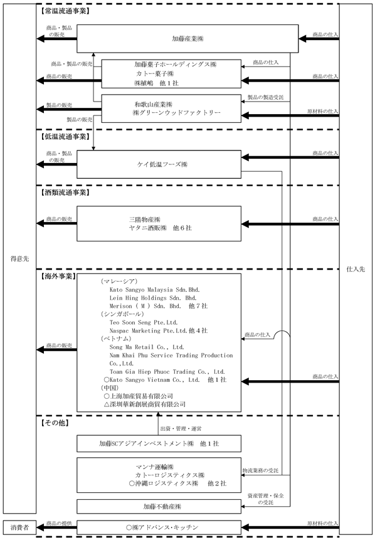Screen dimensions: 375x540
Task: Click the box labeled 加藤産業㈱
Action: [x=187, y=39]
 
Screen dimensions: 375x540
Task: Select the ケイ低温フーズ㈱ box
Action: [x=159, y=164]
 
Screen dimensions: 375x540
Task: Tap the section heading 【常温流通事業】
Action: [x=65, y=11]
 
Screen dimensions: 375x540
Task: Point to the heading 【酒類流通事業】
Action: [x=65, y=193]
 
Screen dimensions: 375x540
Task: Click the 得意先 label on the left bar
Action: [x=19, y=258]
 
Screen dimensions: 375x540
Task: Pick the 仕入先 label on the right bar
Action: [x=356, y=269]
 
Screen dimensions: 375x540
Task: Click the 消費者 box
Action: [x=19, y=527]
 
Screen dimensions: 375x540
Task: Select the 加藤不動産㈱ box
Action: [x=159, y=506]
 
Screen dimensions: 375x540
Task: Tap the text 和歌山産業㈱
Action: [x=154, y=104]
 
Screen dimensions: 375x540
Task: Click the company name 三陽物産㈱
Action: [x=145, y=220]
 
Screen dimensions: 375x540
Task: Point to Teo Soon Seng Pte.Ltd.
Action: [x=144, y=322]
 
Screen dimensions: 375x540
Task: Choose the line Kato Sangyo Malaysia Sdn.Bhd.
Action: [x=155, y=290]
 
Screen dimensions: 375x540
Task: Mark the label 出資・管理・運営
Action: [x=181, y=429]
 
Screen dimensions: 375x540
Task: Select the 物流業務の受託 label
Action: [x=260, y=470]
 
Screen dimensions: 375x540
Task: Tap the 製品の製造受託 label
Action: [x=265, y=97]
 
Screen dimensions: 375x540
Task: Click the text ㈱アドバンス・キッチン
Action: [x=162, y=527]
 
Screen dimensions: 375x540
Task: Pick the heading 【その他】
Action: [x=55, y=423]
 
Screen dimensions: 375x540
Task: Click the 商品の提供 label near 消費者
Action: [x=59, y=524]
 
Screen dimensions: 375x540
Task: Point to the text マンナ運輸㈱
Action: [x=155, y=467]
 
